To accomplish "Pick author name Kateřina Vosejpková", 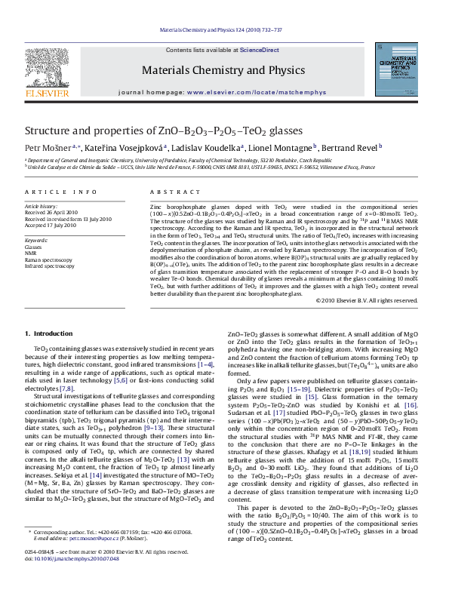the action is pos(112,147).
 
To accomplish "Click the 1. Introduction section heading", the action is pos(49,333).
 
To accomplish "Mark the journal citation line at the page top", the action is pos(224,29).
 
